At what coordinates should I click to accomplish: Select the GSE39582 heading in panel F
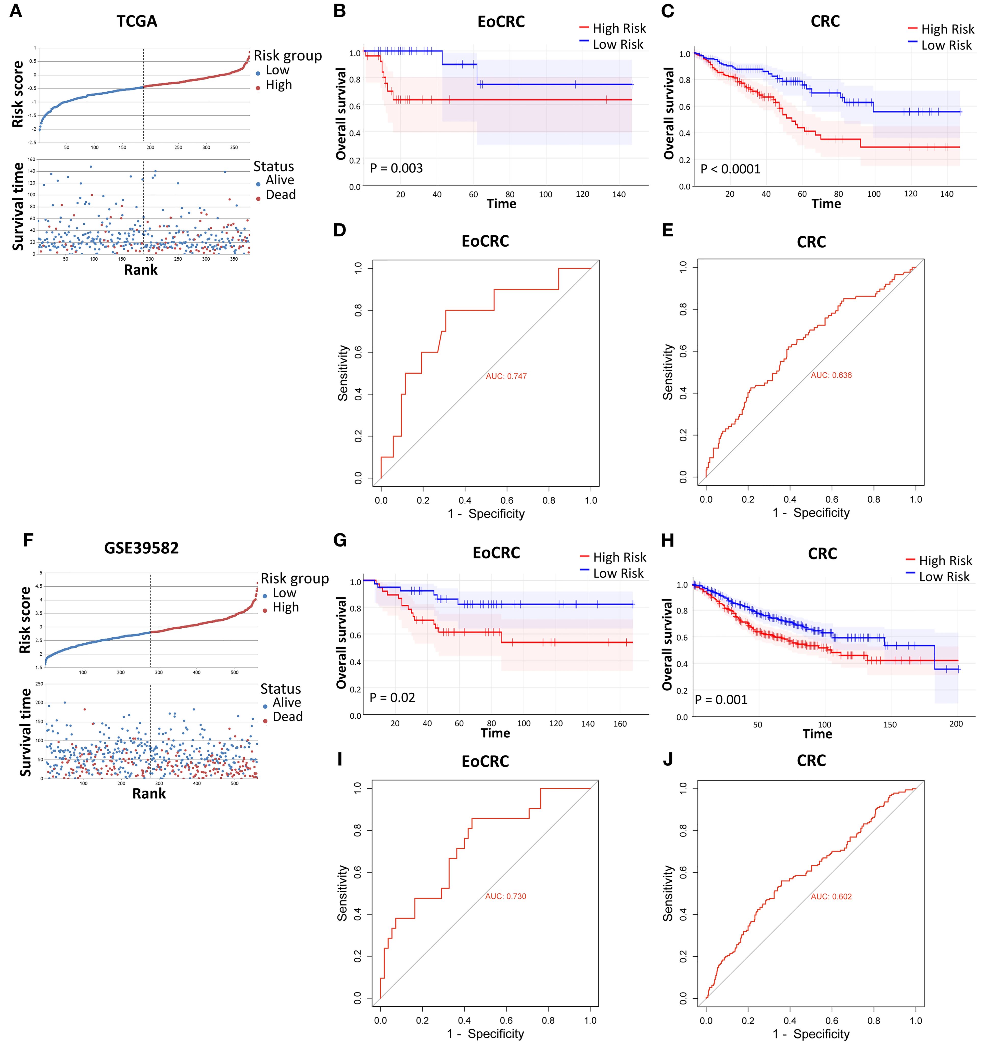[x=141, y=548]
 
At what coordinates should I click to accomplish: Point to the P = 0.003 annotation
[x=397, y=168]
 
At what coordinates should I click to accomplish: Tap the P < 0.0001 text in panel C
[x=730, y=169]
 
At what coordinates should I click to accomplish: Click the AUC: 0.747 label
[x=506, y=376]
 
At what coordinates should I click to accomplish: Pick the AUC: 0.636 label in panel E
[x=831, y=375]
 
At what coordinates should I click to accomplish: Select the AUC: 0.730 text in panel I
[x=506, y=896]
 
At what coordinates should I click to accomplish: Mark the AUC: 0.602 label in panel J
[x=831, y=896]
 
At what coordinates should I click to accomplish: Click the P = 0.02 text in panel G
[x=392, y=697]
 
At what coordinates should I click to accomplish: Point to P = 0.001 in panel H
[x=721, y=700]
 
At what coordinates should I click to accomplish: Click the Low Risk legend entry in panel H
[x=944, y=577]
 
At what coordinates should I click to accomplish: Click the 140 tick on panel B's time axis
[x=619, y=194]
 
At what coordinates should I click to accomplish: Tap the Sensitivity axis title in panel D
[x=343, y=373]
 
